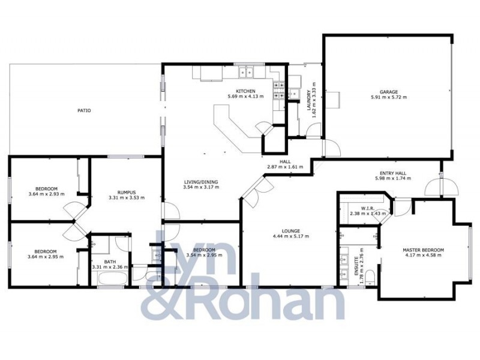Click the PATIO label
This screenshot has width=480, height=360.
pyautogui.click(x=84, y=110)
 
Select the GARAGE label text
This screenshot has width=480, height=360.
pyautogui.click(x=388, y=91)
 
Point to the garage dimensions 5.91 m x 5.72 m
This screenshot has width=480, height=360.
pyautogui.click(x=388, y=97)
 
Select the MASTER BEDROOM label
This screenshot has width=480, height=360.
pyautogui.click(x=424, y=250)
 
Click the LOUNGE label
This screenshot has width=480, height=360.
pyautogui.click(x=290, y=231)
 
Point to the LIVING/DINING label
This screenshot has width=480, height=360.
pyautogui.click(x=200, y=182)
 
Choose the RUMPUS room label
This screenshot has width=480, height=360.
pyautogui.click(x=126, y=192)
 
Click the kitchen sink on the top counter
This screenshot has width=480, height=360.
pyautogui.click(x=247, y=73)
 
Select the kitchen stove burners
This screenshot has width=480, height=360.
pyautogui.click(x=278, y=89)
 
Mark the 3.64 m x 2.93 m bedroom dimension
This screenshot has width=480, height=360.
pyautogui.click(x=46, y=194)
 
